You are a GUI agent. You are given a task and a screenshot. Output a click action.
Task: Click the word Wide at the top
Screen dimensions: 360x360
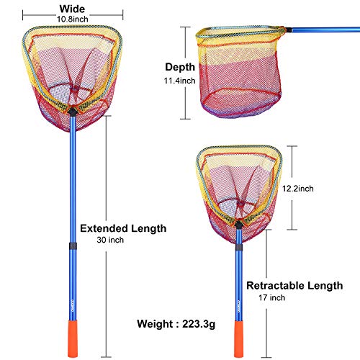[x=72, y=9]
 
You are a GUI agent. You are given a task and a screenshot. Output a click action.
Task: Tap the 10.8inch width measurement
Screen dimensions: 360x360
[x=73, y=19]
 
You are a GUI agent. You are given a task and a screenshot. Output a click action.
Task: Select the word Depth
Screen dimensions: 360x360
[x=180, y=67]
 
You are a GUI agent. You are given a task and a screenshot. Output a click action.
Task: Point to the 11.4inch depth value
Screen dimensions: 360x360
[x=179, y=81]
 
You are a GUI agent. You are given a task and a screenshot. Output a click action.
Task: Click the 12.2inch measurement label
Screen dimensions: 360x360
[x=298, y=189]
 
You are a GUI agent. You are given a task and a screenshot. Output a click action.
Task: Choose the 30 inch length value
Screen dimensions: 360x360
[x=110, y=240]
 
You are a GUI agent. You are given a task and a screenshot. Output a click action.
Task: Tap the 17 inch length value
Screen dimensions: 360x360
[x=272, y=297]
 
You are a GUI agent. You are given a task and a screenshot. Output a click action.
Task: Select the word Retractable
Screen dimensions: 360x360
[x=275, y=286]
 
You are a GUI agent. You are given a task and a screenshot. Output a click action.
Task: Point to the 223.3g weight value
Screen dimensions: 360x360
[x=199, y=324]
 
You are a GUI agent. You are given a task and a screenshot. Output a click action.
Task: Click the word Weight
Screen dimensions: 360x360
[x=155, y=324]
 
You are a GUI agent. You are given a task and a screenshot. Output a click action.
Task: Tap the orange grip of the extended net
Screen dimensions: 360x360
[x=73, y=338]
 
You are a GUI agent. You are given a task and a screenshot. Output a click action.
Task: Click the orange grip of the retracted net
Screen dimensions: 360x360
[x=238, y=339]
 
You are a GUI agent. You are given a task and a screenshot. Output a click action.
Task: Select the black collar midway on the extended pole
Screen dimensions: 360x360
[x=73, y=246]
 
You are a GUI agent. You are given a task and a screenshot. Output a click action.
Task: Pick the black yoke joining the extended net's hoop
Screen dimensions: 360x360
[x=73, y=112]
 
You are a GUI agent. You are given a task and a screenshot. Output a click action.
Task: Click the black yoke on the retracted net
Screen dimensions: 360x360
[x=238, y=225]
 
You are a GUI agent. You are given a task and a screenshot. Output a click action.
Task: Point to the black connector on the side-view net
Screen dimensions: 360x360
[x=289, y=30]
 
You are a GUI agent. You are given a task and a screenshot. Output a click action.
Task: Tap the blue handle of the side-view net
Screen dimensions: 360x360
[x=326, y=30]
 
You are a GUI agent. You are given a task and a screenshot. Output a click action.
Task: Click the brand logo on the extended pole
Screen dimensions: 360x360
[x=73, y=305]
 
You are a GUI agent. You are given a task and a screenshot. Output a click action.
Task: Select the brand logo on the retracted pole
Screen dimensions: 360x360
[x=238, y=306]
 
